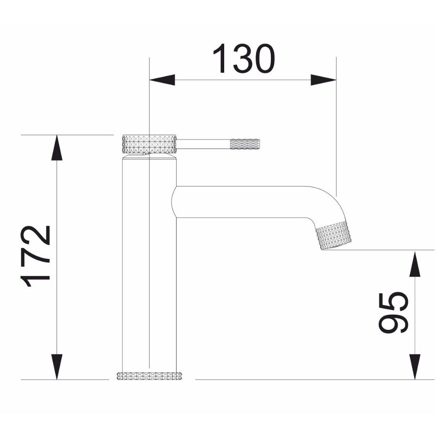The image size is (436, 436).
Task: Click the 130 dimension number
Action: (244, 59)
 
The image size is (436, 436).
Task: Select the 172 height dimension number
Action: (35, 256)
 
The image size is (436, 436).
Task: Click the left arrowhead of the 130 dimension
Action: (162, 80)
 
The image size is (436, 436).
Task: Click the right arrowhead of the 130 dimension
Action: (323, 80)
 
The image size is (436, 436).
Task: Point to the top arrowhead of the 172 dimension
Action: (57, 148)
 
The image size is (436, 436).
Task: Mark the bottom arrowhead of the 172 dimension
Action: (57, 367)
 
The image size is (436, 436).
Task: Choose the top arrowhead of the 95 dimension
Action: (415, 264)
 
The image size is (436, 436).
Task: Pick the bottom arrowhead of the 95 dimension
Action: (415, 367)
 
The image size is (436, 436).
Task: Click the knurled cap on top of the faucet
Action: (149, 144)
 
